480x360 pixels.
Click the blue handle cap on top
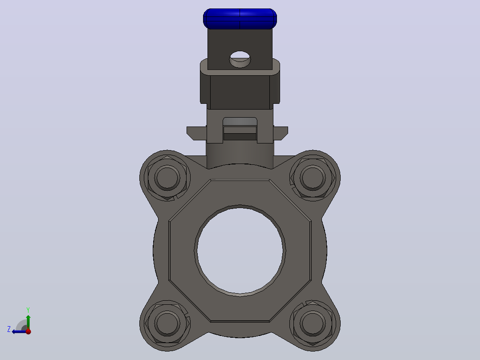240,19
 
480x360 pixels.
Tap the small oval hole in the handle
240,59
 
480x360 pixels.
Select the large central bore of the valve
240,251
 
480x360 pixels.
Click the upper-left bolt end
167,178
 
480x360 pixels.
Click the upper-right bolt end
313,178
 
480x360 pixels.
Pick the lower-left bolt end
167,323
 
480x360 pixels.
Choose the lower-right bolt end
313,323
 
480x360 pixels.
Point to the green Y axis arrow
28,322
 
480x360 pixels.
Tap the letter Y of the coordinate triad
28,310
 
